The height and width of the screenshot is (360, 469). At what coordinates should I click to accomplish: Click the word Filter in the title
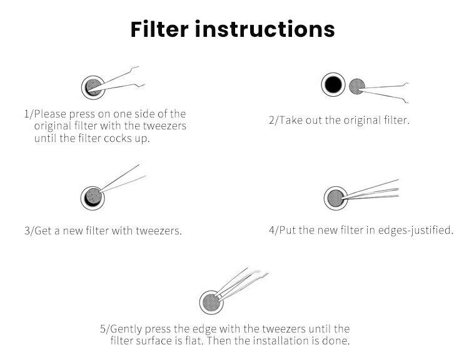click(159, 29)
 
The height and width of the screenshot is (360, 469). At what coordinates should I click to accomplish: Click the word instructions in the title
click(265, 29)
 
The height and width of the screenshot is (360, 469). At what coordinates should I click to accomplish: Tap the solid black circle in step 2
click(333, 84)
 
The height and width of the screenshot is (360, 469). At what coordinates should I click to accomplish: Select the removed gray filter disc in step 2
click(357, 86)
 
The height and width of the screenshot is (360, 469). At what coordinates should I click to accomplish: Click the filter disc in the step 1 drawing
click(93, 87)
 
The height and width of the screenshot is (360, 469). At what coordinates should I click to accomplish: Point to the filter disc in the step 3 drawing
click(93, 197)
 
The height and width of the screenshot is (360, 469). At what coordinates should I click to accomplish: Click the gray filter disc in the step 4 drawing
click(336, 198)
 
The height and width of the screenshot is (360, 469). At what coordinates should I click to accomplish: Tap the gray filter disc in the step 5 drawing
click(211, 302)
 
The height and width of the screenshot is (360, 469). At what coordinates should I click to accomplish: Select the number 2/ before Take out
click(274, 121)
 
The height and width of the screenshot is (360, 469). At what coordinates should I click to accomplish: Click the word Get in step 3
click(44, 231)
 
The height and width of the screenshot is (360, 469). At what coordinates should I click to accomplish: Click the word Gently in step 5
click(126, 329)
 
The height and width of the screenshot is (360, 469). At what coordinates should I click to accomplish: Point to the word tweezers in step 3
click(159, 231)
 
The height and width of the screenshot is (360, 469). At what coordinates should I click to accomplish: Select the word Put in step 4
click(288, 230)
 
